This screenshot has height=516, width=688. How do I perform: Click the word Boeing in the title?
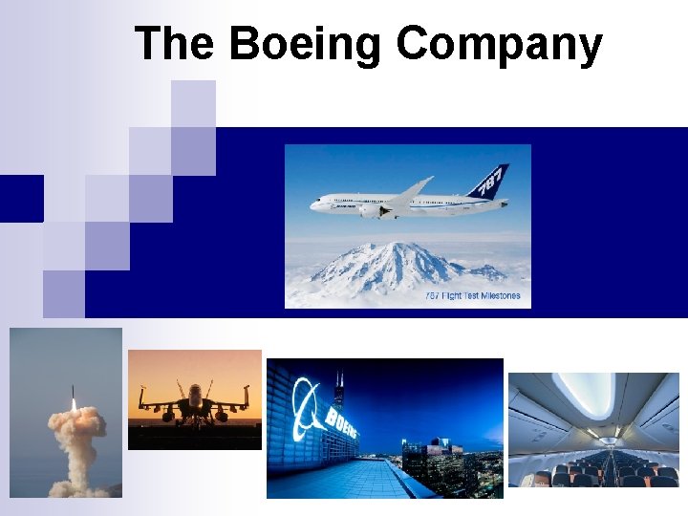(x=306, y=44)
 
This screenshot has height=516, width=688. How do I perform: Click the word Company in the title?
(x=499, y=46)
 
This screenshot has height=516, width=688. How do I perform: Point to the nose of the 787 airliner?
(x=313, y=204)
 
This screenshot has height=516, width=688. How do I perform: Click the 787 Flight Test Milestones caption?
(x=473, y=296)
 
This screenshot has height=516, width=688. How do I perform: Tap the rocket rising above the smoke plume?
(x=75, y=395)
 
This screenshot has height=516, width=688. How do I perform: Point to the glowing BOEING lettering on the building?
(x=342, y=420)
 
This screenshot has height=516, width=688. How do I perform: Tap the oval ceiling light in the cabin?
(x=585, y=394)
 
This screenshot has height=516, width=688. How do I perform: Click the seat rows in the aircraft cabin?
(x=592, y=470)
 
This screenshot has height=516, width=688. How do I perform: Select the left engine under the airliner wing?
(x=371, y=212)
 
